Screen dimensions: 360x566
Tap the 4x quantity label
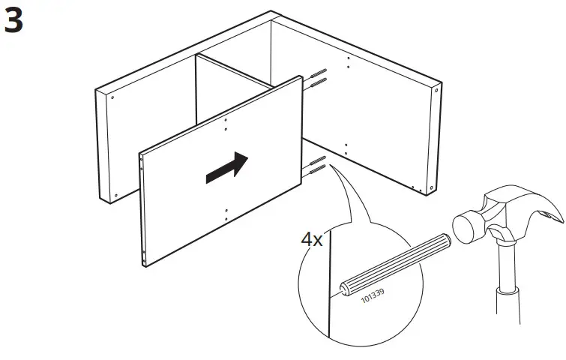[312, 241]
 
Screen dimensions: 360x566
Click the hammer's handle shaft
[505, 300]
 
